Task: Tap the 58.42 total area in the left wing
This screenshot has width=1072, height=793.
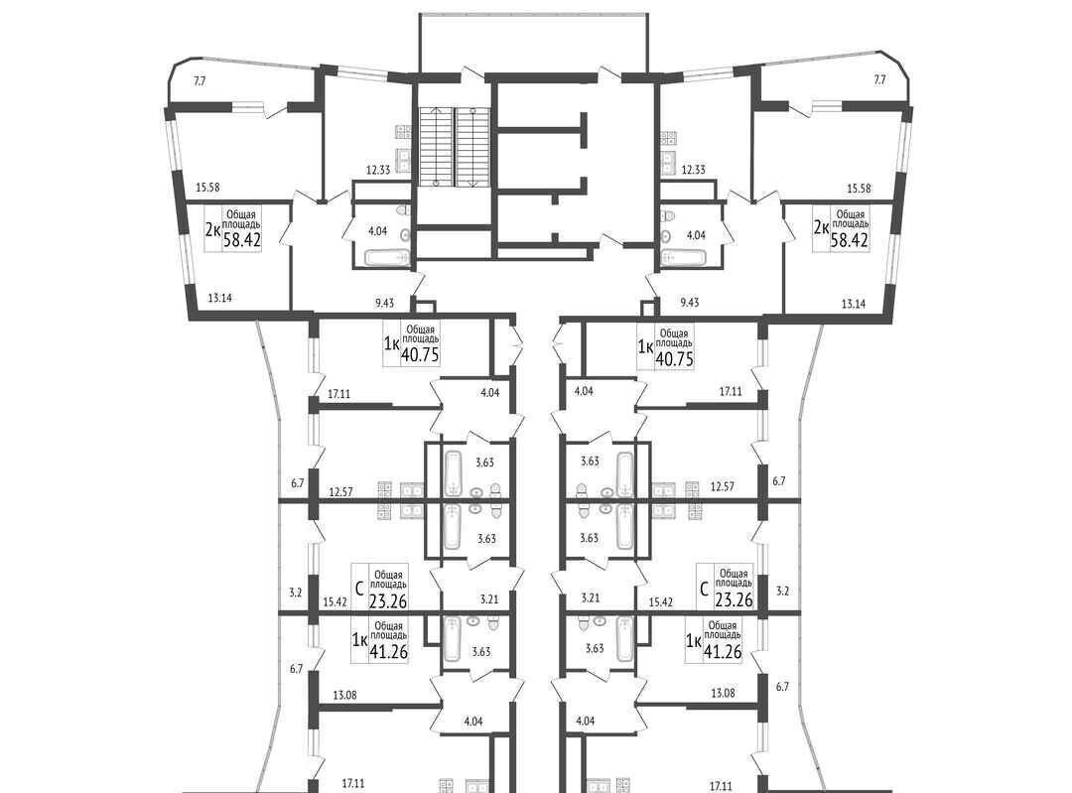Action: [242, 239]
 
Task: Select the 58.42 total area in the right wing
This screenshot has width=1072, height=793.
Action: [850, 239]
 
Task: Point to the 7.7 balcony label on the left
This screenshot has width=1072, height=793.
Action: [200, 80]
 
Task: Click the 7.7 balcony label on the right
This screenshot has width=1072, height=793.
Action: [879, 80]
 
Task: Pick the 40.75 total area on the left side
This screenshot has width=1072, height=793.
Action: [420, 355]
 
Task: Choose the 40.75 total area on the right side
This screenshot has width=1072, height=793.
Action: [674, 359]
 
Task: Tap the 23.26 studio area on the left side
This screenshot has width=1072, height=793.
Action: [388, 600]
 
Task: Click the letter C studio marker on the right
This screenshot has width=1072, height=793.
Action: [704, 587]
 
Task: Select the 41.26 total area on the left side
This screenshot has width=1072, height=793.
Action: [388, 651]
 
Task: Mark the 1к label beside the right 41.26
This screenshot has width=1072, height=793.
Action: [693, 640]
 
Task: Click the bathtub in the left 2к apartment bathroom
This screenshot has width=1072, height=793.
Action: [385, 258]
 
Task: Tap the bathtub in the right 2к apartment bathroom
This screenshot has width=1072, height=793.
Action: [683, 258]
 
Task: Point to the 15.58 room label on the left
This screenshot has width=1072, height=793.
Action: [207, 188]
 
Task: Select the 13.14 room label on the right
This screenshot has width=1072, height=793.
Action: [854, 305]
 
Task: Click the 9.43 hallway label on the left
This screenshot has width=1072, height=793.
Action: [385, 302]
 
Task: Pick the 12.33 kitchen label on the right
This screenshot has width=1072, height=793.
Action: [693, 170]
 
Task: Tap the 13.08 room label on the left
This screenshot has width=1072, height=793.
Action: [345, 696]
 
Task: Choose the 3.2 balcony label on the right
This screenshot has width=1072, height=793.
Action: [783, 592]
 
